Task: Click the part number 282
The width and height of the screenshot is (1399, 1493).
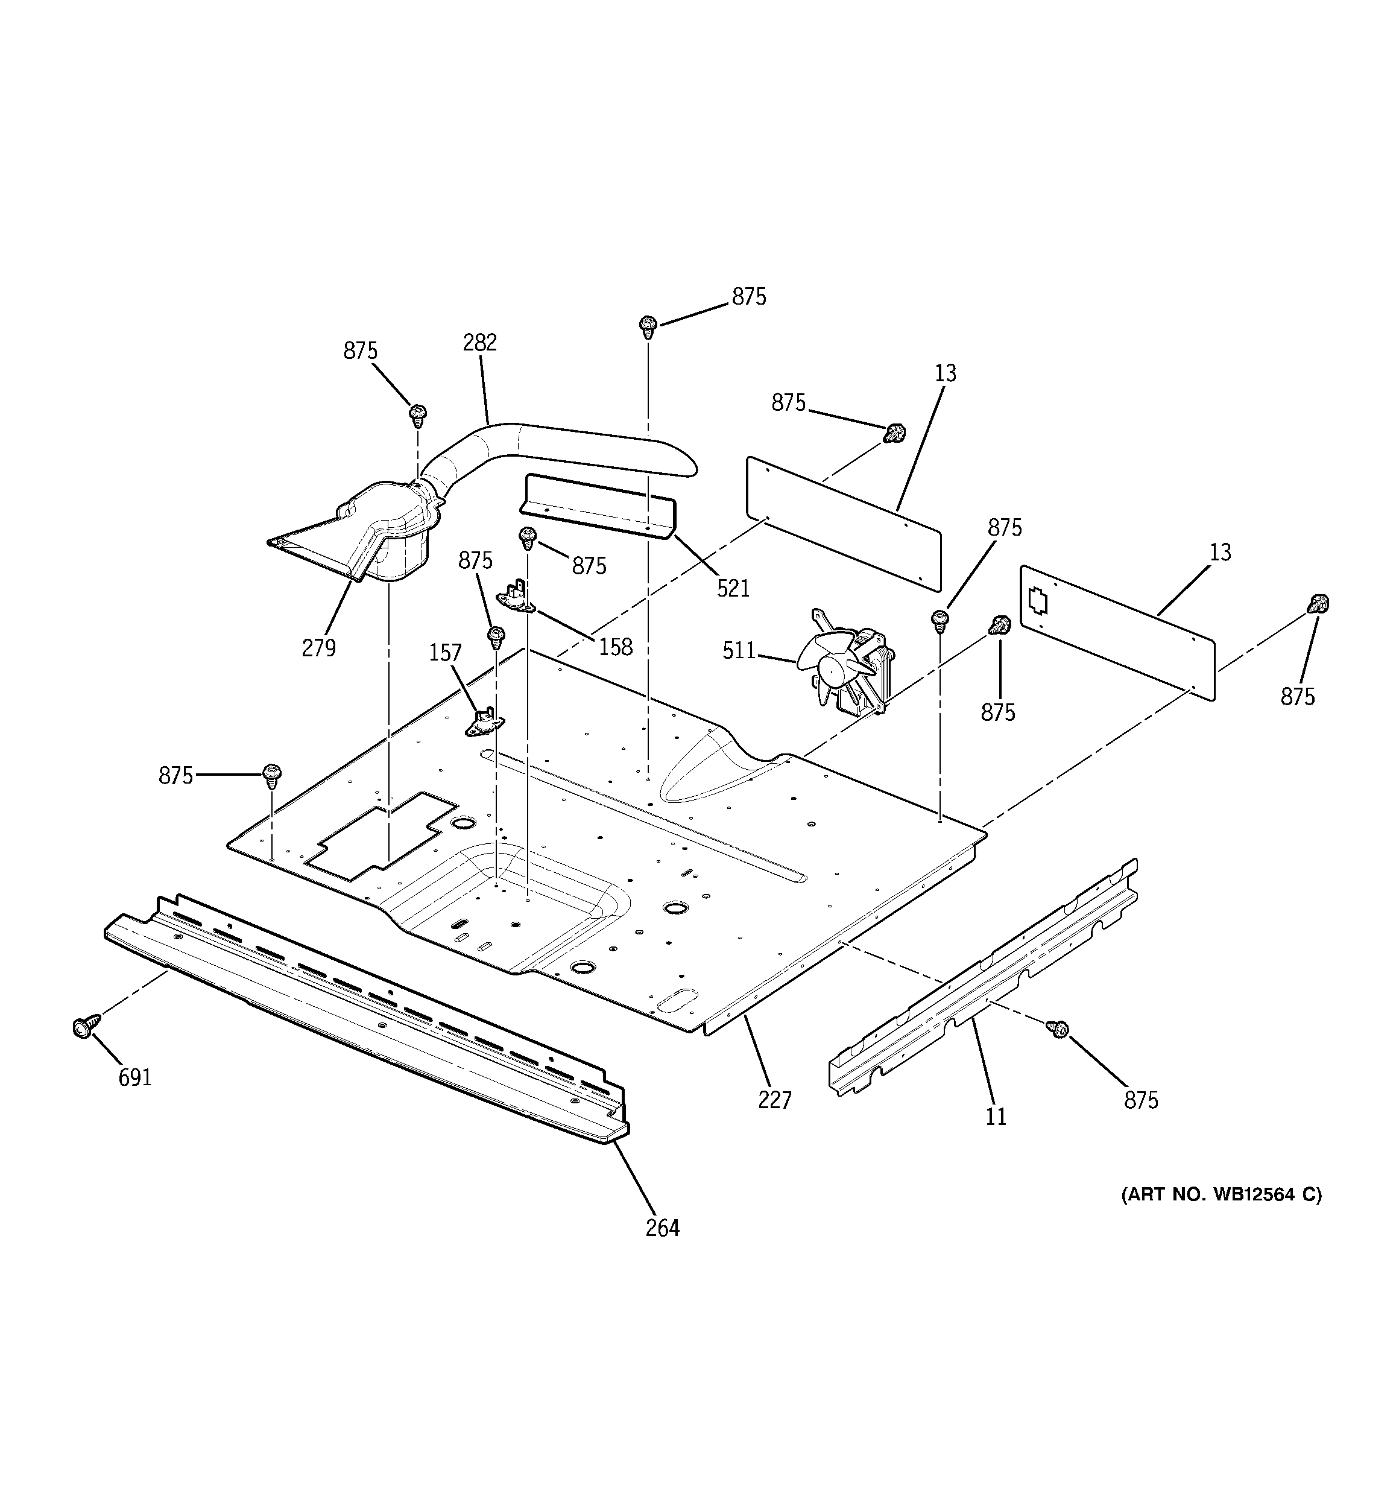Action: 480,343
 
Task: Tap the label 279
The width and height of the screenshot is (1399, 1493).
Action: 318,648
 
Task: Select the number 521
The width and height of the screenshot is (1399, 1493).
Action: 733,588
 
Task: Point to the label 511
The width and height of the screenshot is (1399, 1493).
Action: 739,650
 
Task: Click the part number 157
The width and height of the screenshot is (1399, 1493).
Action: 445,653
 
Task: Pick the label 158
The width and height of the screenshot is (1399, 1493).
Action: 616,647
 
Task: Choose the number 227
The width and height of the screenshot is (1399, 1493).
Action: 774,1101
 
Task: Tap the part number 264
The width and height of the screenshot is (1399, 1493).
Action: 662,1228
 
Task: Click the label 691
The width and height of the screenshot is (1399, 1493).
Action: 135,1078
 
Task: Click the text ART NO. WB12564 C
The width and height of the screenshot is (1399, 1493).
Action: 1222,1216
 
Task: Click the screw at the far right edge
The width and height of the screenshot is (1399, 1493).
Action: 1318,603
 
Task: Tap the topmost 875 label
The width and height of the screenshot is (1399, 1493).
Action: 749,297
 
